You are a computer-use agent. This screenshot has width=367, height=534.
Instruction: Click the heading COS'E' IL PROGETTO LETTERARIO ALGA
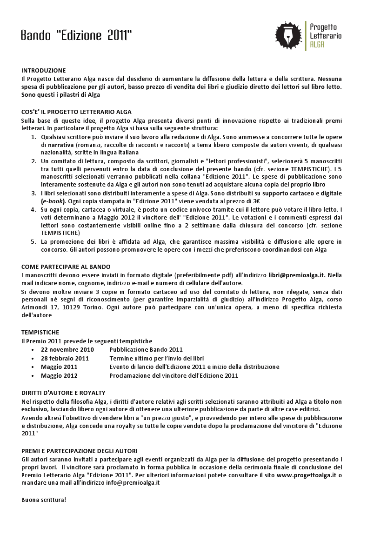76,112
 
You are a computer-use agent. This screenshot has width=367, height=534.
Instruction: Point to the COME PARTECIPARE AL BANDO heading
66,267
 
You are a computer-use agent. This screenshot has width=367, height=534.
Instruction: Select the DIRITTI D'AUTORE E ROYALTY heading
63,393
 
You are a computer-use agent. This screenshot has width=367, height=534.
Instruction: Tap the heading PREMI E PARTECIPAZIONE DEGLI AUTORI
80,451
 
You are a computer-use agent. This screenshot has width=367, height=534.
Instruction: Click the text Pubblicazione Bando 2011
146,349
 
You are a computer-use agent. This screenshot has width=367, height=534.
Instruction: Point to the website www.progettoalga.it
307,475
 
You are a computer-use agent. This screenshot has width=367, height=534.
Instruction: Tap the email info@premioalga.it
133,484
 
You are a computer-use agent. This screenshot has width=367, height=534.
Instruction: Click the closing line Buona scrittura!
44,500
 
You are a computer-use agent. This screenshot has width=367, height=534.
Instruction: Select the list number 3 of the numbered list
33,193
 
